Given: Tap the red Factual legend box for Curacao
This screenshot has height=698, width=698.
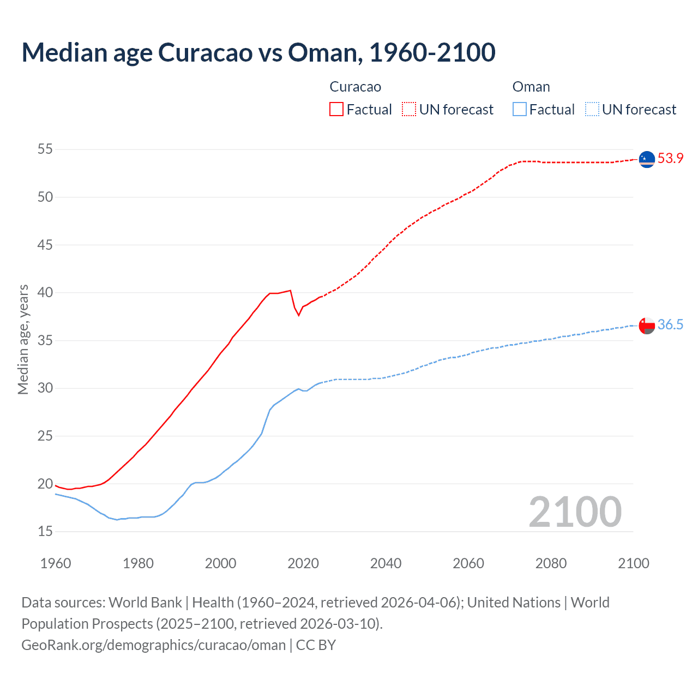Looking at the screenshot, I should (336, 109).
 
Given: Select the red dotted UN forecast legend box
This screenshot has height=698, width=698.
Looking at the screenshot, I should (409, 109).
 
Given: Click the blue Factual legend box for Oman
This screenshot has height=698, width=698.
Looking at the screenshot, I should (520, 109).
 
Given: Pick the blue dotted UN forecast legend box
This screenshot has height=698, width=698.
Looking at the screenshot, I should (592, 109).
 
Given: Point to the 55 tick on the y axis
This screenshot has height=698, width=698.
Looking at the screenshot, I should (45, 149).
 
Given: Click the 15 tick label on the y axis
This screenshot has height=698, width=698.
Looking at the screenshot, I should (45, 531).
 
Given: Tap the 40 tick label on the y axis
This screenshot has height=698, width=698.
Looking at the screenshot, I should (45, 293).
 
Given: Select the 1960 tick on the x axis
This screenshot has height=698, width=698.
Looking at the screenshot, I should (56, 563).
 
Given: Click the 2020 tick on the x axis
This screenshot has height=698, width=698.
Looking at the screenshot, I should (303, 563).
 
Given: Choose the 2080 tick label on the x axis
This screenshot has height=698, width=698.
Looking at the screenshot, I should (551, 563).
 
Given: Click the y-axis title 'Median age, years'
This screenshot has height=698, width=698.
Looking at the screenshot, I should (23, 339).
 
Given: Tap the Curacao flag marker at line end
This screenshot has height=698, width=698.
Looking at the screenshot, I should (647, 159).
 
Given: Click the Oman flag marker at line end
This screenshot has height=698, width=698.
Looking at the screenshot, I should (647, 326).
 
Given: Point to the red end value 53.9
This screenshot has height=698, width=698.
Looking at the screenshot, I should (670, 159).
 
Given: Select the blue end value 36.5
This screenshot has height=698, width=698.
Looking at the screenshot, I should (670, 325).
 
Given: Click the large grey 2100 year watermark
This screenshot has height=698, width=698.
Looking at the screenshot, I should (575, 512).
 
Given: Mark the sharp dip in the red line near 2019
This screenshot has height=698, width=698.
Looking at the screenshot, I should (298, 315).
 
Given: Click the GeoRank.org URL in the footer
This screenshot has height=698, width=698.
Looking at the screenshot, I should (153, 645).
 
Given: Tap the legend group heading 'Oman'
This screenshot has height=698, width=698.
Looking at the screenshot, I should (531, 87).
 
